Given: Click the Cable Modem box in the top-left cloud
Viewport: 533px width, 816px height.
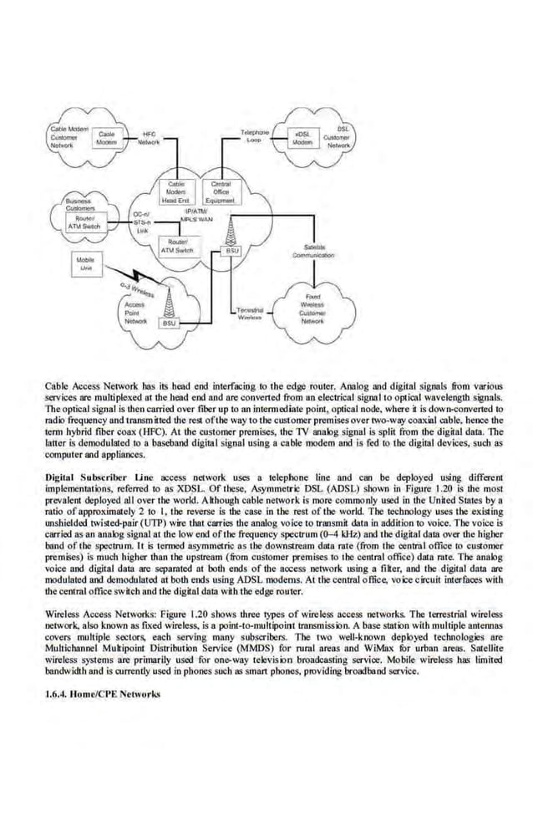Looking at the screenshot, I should point(106,138).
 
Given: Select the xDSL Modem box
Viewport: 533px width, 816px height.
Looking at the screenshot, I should point(302,138).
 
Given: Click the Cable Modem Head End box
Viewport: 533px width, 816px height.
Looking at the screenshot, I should point(176,191).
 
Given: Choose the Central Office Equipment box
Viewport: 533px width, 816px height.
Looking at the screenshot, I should point(221,191).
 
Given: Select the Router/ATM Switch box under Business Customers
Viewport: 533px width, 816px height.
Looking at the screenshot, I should point(84,224).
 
